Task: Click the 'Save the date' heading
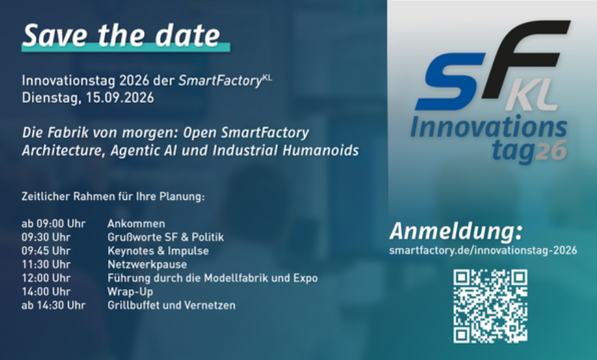pyautogui.click(x=122, y=35)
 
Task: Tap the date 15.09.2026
pyautogui.click(x=120, y=98)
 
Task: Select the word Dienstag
pyautogui.click(x=51, y=98)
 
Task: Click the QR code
pyautogui.click(x=490, y=306)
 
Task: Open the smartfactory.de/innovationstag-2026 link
pyautogui.click(x=483, y=251)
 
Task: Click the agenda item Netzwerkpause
pyautogui.click(x=147, y=264)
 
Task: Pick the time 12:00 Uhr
pyautogui.click(x=46, y=278)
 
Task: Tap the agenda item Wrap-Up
pyautogui.click(x=130, y=292)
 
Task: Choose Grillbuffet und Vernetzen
pyautogui.click(x=172, y=305)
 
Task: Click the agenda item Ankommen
pyautogui.click(x=136, y=223)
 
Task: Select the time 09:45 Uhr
pyautogui.click(x=46, y=251)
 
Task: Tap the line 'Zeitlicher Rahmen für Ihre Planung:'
pyautogui.click(x=113, y=197)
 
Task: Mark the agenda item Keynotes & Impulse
pyautogui.click(x=158, y=251)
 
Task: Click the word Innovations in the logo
pyautogui.click(x=489, y=127)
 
